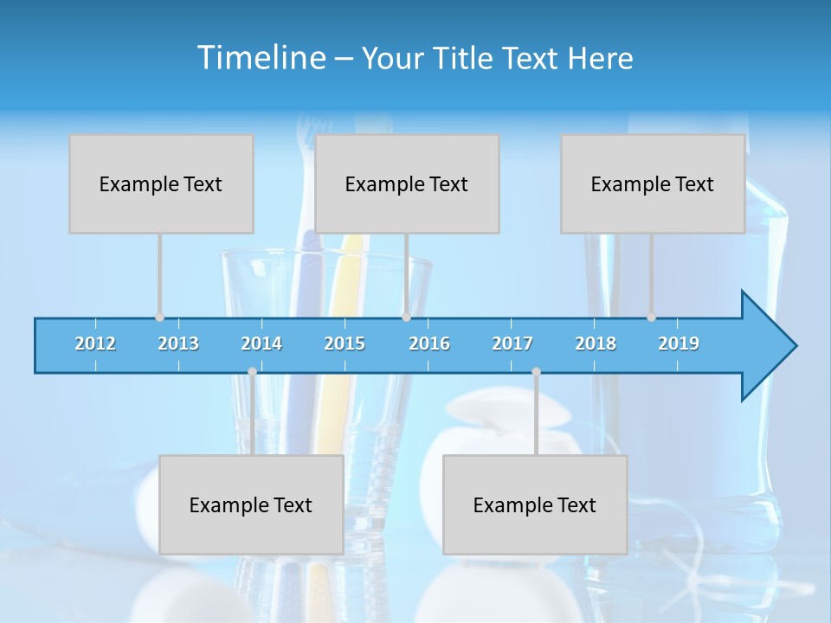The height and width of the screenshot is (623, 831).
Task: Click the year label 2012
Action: pos(95,344)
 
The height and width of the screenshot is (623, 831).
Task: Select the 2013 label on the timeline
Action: pos(178,344)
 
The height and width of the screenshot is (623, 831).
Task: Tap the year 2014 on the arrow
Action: pos(261,344)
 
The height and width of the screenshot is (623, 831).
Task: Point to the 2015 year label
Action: pos(345,344)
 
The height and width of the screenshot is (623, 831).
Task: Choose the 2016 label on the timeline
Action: pos(429,344)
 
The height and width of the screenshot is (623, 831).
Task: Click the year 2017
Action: pos(512,344)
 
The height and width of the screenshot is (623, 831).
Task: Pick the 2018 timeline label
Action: pos(596,344)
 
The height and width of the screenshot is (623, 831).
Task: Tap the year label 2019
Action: pos(679,344)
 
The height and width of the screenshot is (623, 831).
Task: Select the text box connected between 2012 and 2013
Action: pos(161,183)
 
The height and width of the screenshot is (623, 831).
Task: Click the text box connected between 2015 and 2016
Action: pos(407,183)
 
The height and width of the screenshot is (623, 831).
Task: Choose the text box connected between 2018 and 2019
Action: pos(653,183)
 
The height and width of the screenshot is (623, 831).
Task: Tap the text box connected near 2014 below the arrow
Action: pos(251,504)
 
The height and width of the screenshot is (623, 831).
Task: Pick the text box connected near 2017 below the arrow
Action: pos(535,504)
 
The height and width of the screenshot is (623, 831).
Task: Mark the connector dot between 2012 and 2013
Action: pos(160,317)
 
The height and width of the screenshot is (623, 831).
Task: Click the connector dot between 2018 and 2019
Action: pos(652,317)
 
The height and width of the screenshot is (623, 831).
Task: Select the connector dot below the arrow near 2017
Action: pos(536,372)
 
